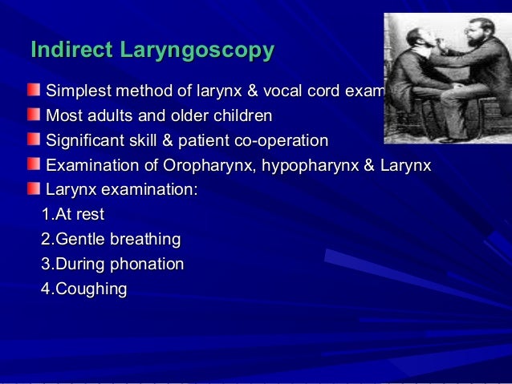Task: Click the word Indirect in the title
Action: pyautogui.click(x=71, y=50)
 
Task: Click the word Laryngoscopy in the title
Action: pyautogui.click(x=196, y=51)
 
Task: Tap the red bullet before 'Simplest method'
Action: pyautogui.click(x=33, y=88)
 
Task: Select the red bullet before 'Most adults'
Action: pyautogui.click(x=33, y=114)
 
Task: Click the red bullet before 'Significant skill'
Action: pyautogui.click(x=33, y=139)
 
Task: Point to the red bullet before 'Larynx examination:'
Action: pyautogui.click(x=33, y=190)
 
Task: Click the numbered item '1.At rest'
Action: pyautogui.click(x=73, y=215)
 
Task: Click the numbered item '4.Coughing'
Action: pyautogui.click(x=84, y=289)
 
